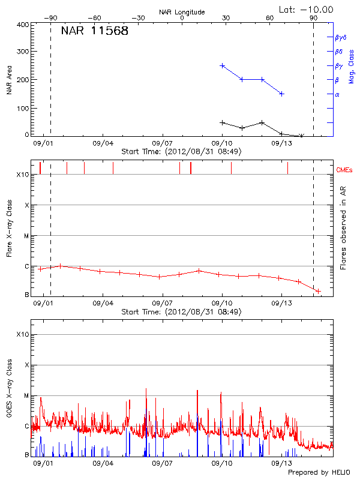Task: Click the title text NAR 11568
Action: [x=95, y=31]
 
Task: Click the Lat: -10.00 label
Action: [x=307, y=9]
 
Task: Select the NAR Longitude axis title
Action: [x=182, y=12]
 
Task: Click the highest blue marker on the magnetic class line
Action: [x=223, y=65]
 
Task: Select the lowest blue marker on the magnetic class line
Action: [x=281, y=94]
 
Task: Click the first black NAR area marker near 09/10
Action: [x=223, y=122]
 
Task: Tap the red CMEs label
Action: [x=344, y=170]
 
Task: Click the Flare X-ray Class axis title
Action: [x=9, y=234]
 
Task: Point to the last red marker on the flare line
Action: [x=318, y=291]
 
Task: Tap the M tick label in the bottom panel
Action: [x=26, y=396]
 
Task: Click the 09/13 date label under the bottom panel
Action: [x=281, y=463]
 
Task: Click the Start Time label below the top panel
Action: [x=181, y=152]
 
